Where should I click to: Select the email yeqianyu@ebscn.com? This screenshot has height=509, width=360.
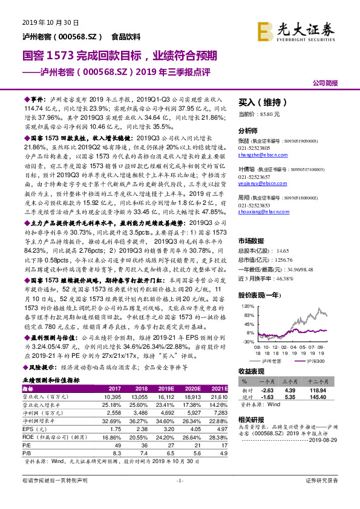coord(259,181)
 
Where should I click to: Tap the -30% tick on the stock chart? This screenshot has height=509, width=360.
coord(247,342)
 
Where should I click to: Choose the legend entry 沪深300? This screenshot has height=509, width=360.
coord(313,360)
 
